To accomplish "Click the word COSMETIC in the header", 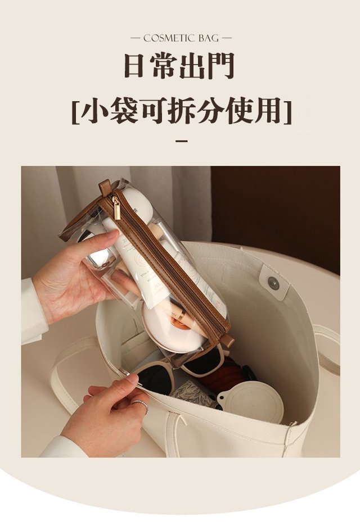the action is pos(169,38).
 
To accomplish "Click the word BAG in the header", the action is pos(208,38).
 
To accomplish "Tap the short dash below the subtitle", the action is pos(182,141).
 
